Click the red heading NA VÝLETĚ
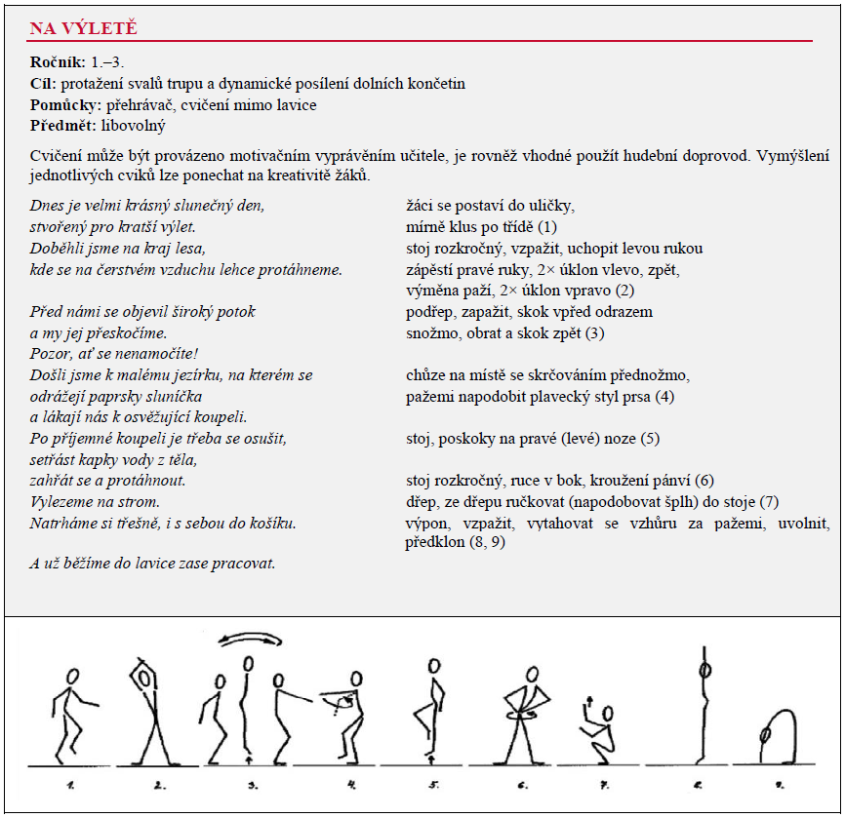coord(83,28)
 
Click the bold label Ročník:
coord(58,62)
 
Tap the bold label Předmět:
coord(60,126)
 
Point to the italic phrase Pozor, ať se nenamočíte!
coord(113,354)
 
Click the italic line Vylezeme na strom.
coord(95,502)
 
